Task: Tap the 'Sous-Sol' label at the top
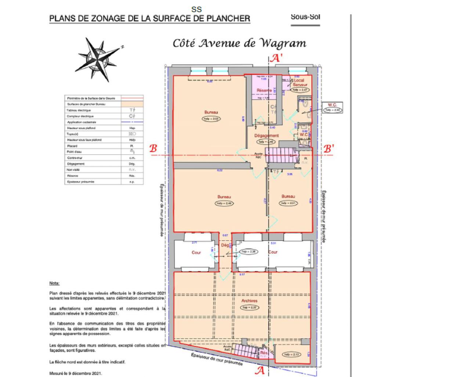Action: (x=305, y=17)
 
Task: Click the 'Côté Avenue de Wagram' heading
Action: (x=239, y=43)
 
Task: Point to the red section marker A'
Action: (x=276, y=58)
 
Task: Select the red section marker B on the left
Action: (x=153, y=149)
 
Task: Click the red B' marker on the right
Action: (x=328, y=149)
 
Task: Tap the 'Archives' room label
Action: (x=249, y=301)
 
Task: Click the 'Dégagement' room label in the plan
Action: (x=267, y=135)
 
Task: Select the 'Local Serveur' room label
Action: (x=299, y=82)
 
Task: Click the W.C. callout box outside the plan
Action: (x=332, y=107)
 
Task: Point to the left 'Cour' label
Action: (x=196, y=252)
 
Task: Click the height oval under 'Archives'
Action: (x=249, y=308)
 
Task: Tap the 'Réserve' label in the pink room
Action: (x=264, y=90)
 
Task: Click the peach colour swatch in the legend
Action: (x=132, y=104)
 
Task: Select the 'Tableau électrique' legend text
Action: (x=79, y=110)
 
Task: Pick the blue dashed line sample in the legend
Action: (x=132, y=122)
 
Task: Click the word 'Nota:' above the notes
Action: (x=54, y=283)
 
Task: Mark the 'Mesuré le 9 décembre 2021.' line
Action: (x=75, y=373)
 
